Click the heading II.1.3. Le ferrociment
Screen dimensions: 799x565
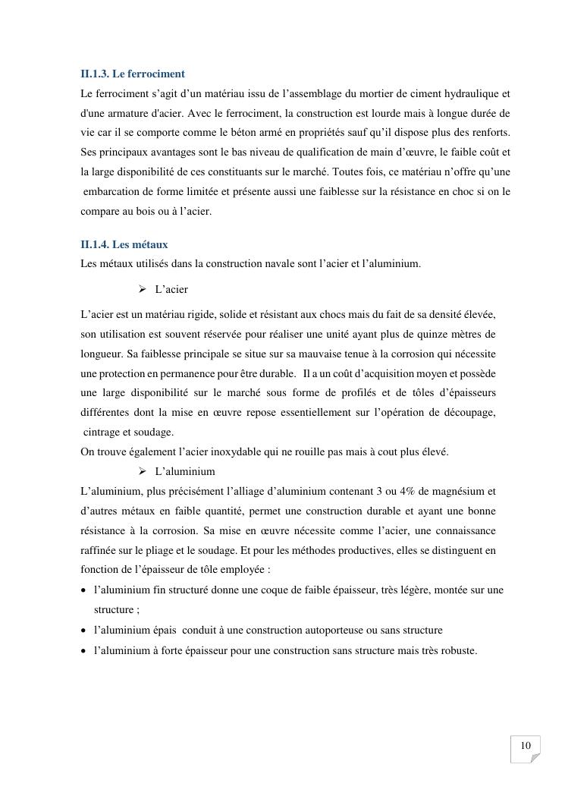coord(133,74)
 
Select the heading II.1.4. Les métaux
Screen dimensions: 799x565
coord(124,244)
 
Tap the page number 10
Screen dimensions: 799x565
coord(525,746)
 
